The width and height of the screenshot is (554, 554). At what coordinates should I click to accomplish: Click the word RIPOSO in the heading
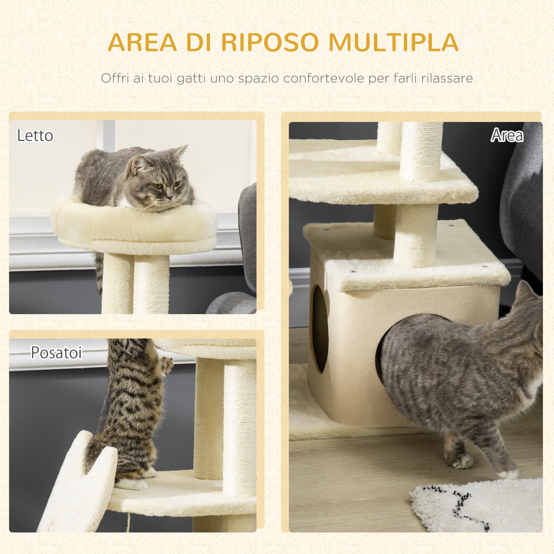(270, 42)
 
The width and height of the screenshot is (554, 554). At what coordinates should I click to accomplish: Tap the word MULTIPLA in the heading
(393, 42)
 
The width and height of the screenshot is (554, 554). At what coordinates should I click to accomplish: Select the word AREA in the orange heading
(142, 42)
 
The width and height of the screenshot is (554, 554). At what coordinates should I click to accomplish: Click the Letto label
(35, 135)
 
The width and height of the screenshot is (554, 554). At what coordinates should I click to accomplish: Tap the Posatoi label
(57, 352)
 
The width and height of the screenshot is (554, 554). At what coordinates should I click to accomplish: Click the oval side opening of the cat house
(319, 329)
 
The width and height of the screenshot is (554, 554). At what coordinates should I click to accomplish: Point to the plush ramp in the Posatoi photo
(78, 484)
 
